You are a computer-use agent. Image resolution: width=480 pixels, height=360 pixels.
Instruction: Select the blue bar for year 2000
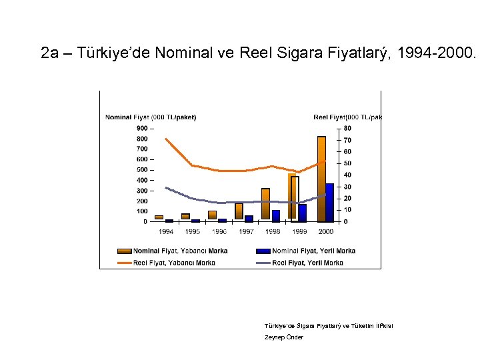point(330,203)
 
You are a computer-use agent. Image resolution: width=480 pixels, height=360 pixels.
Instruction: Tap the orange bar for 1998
point(265,204)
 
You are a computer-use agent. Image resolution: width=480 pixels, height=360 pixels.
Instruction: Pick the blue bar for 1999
point(303,213)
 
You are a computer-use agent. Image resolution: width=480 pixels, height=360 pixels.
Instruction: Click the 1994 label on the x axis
point(166,231)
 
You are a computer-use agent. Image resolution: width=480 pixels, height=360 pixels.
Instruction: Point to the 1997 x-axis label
point(246,231)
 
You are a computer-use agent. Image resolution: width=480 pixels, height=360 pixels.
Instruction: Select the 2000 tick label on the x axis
point(326,231)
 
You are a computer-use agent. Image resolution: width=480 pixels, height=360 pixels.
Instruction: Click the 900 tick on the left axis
point(142,128)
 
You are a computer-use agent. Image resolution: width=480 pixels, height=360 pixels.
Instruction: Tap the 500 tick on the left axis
point(142,169)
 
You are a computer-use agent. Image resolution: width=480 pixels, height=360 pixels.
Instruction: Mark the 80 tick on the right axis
point(347,128)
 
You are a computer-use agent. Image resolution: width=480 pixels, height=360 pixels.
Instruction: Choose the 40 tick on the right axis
point(347,175)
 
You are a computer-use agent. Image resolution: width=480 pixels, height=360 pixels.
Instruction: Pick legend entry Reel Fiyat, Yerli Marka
point(307,263)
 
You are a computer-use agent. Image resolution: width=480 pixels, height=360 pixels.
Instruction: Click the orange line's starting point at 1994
point(165,139)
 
